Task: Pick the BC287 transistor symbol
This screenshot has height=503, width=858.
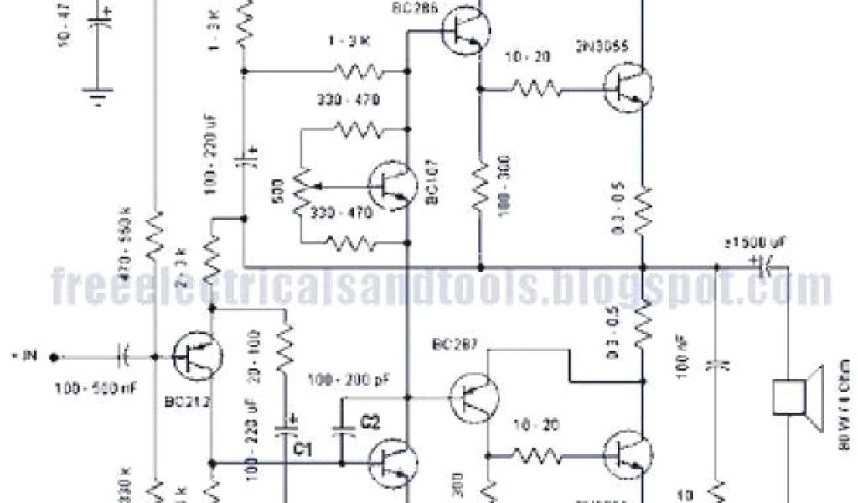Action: (x=473, y=396)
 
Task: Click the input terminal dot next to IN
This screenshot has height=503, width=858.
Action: (x=54, y=357)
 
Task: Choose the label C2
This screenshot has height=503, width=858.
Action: (x=370, y=423)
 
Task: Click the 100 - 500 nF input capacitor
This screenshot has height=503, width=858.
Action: (x=123, y=357)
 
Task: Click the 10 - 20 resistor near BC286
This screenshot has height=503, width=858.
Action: (x=531, y=86)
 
